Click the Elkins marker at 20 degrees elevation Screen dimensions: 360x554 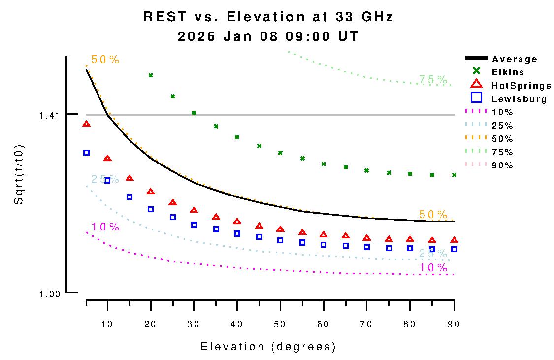pyautogui.click(x=151, y=75)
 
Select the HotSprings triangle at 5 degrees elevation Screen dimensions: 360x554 pyautogui.click(x=87, y=124)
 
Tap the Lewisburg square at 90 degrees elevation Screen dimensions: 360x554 pyautogui.click(x=454, y=249)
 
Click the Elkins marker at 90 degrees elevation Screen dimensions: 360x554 pyautogui.click(x=454, y=175)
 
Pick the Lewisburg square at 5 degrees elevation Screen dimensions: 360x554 pyautogui.click(x=87, y=153)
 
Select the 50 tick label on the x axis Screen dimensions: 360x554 pyautogui.click(x=280, y=324)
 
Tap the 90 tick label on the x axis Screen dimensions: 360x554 pyautogui.click(x=454, y=324)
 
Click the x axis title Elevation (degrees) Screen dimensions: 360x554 pyautogui.click(x=268, y=347)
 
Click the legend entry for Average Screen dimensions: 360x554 pyautogui.click(x=515, y=59)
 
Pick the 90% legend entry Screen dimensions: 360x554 pyautogui.click(x=502, y=165)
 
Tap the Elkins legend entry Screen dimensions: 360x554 pyautogui.click(x=508, y=72)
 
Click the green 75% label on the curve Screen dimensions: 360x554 pyautogui.click(x=433, y=80)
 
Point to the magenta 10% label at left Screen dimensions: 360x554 pyautogui.click(x=105, y=227)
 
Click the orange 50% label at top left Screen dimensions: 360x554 pyautogui.click(x=105, y=60)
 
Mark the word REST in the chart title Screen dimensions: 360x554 pyautogui.click(x=165, y=17)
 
